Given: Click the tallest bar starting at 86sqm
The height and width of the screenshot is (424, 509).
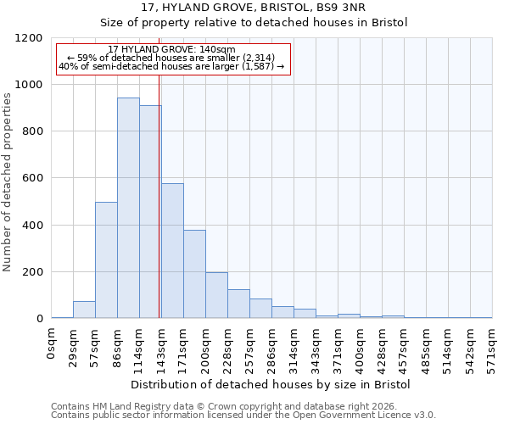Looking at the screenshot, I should tap(128, 208).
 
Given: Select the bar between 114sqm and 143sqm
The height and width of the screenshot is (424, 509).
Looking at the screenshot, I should tap(150, 212).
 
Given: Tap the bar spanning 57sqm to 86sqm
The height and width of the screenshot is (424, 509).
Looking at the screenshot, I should tap(106, 260).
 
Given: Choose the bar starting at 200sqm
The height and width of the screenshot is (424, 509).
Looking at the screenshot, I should tap(216, 295).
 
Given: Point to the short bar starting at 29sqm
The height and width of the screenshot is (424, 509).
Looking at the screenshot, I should tap(84, 310).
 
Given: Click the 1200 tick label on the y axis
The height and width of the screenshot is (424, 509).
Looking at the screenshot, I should tap(29, 38).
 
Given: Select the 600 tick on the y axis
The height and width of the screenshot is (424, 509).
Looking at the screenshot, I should tap(32, 179).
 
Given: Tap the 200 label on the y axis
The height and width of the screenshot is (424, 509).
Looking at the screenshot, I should tap(32, 272).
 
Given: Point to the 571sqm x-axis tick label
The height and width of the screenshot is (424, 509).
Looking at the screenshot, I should tap(492, 345).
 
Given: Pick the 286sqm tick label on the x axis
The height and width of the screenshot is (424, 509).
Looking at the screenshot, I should tap(271, 345).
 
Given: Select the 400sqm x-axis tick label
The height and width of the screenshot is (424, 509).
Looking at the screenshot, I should tap(360, 345).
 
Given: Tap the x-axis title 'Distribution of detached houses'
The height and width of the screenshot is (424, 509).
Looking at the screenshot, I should tap(271, 384).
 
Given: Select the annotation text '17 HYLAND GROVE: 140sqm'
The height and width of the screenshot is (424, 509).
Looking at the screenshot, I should tap(165, 50).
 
